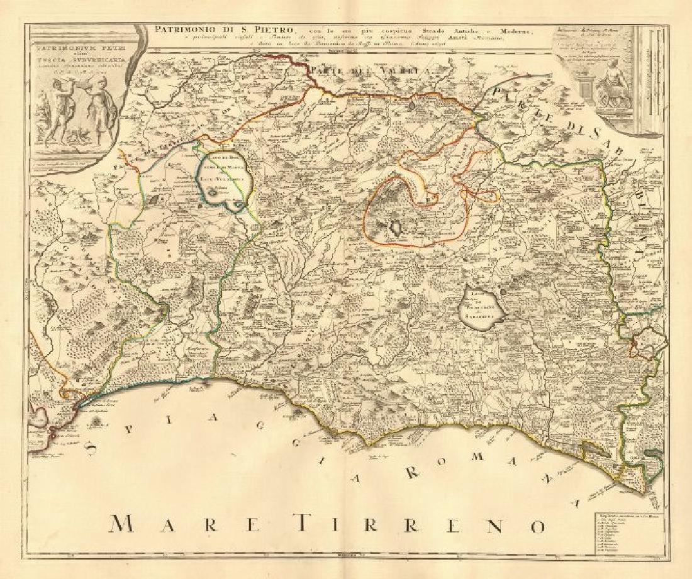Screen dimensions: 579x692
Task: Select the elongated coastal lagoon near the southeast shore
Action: (594, 449)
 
